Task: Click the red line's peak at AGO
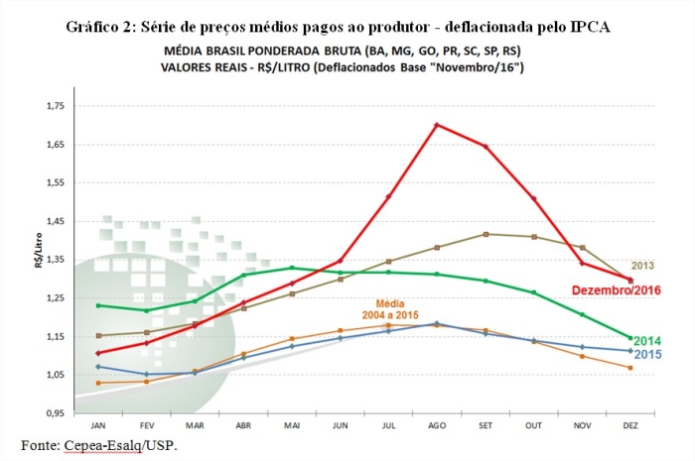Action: coord(437,125)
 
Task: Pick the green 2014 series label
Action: coord(647,341)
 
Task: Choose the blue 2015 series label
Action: coord(647,354)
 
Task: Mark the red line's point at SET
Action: coord(486,147)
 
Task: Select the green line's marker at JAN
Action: coord(97,305)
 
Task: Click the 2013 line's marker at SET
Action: coord(486,234)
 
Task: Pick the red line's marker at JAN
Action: coord(97,353)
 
